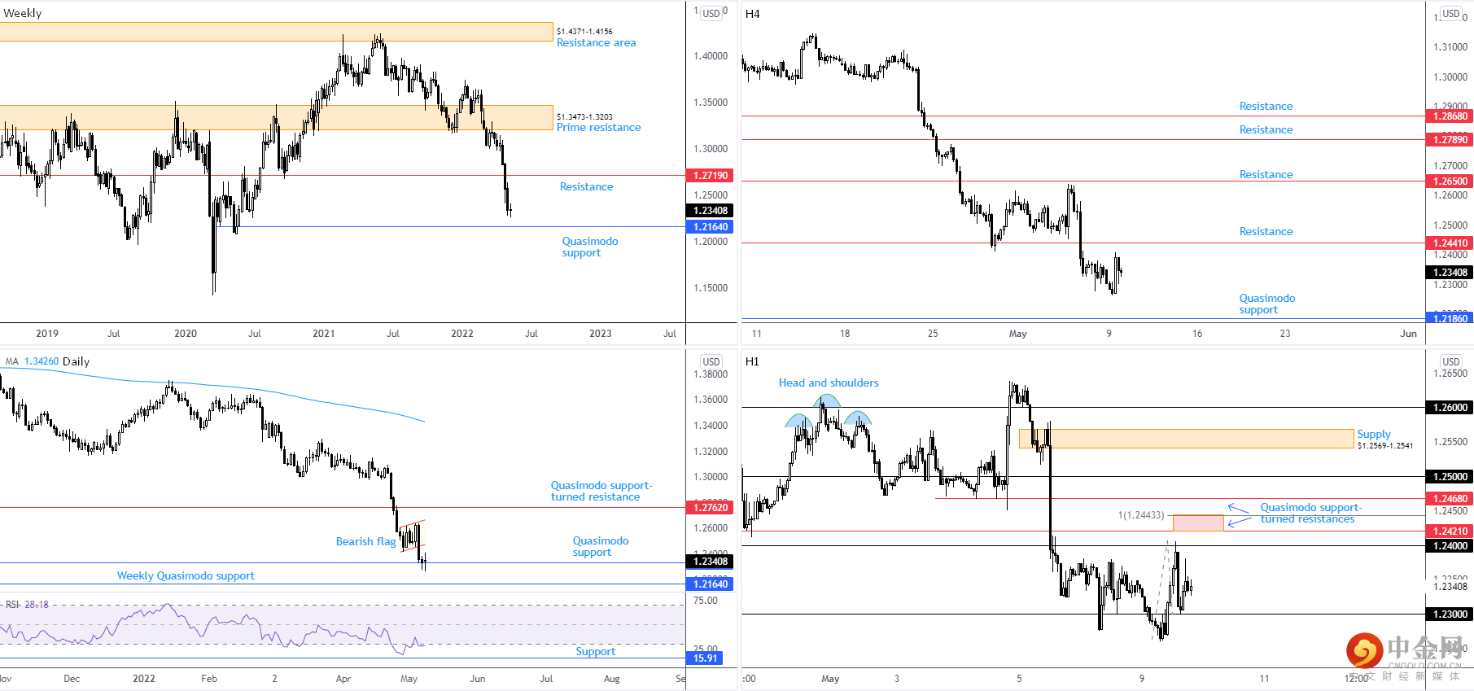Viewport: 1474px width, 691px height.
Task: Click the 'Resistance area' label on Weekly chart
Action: click(596, 43)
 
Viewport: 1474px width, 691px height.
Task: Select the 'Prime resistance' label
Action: click(598, 128)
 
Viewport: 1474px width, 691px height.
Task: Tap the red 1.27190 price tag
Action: click(711, 176)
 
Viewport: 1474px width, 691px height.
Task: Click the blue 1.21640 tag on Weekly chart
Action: click(711, 227)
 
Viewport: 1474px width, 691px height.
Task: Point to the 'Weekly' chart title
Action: click(23, 14)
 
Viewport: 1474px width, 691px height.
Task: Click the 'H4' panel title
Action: click(752, 14)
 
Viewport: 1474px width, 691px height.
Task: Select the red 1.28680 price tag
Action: click(1450, 116)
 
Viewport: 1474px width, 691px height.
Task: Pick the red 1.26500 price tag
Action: click(1450, 181)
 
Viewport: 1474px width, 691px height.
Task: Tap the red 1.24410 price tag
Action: click(1450, 243)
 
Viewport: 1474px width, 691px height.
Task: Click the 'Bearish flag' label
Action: click(365, 542)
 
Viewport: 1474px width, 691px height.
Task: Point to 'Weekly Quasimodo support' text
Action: click(186, 576)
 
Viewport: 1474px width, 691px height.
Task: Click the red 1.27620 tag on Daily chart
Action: click(711, 508)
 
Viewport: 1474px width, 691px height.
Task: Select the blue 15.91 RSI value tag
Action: click(705, 658)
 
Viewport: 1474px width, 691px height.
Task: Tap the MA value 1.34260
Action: click(42, 361)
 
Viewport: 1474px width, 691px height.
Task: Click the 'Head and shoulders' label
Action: click(828, 383)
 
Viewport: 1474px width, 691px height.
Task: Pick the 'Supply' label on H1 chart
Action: click(1374, 435)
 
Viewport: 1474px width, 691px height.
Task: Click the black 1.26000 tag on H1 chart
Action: click(1450, 408)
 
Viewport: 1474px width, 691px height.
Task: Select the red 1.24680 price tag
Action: click(1450, 499)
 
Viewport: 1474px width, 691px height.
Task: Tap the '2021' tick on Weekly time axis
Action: click(324, 334)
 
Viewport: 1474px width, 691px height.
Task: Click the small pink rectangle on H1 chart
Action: click(1198, 523)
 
